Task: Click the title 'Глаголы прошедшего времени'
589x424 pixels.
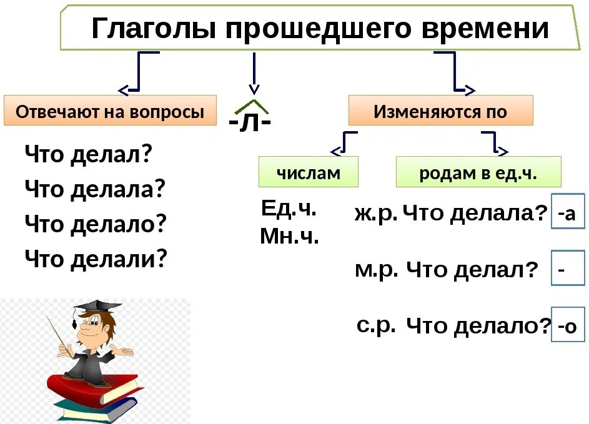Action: (319, 28)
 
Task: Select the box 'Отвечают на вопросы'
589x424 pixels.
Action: (110, 112)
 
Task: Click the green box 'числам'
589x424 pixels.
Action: (309, 172)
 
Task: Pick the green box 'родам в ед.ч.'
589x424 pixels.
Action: (478, 172)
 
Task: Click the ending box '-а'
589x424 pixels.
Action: (567, 214)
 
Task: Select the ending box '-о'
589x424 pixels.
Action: (567, 325)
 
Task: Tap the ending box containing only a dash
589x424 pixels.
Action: (567, 269)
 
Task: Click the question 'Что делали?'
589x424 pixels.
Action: (96, 257)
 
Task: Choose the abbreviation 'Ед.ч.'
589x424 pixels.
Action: (289, 209)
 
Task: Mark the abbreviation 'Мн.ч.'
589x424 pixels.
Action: (289, 236)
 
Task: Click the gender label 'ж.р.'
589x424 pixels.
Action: (375, 214)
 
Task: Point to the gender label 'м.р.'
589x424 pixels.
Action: (376, 269)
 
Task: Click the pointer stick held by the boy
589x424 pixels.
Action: (59, 334)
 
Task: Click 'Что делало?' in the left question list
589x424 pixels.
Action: (96, 223)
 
